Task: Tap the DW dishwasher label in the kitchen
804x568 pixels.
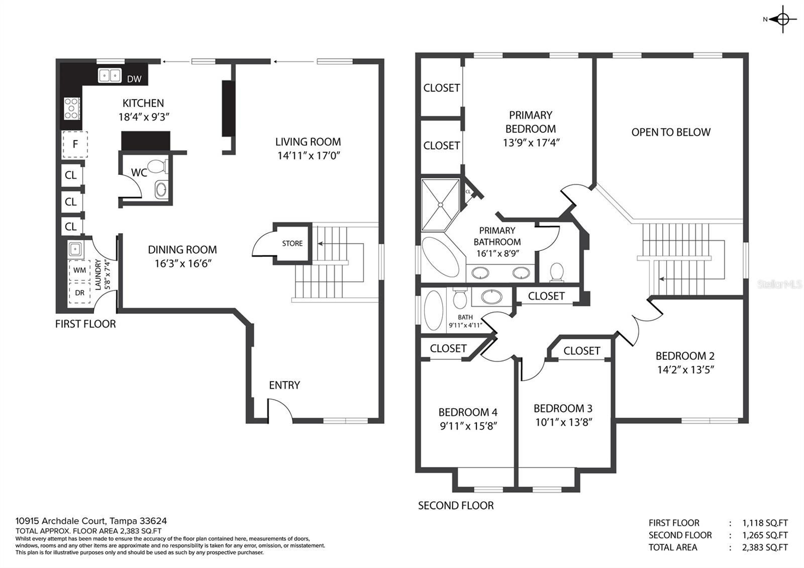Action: coord(134,79)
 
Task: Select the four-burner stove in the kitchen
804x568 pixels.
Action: coord(71,109)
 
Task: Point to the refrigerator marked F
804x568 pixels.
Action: coord(75,144)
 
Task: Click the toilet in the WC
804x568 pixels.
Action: coord(158,166)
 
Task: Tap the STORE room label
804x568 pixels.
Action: coord(292,243)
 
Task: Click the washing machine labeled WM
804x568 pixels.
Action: coord(79,270)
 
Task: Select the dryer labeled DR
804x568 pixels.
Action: coord(79,293)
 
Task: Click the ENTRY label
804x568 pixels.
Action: coord(284,385)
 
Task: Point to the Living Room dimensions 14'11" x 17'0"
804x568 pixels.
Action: coord(309,156)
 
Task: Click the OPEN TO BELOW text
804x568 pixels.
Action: coord(671,132)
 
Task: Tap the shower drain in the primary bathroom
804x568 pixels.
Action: coord(440,205)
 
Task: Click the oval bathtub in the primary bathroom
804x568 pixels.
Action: coord(440,256)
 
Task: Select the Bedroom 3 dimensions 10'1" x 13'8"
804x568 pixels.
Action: coord(563,422)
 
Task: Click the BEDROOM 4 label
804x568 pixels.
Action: coord(468,412)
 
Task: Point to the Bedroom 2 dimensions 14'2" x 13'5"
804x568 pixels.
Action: coord(685,370)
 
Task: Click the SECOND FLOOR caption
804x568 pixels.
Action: coord(456,506)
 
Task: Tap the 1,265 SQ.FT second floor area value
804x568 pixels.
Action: coord(765,535)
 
